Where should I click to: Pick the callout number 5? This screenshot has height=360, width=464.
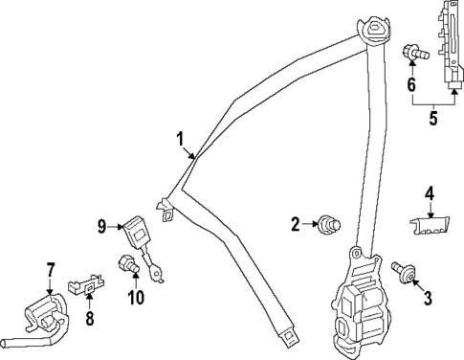click(432, 120)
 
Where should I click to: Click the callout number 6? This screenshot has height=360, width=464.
click(412, 84)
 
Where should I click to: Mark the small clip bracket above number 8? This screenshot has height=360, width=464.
click(87, 284)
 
